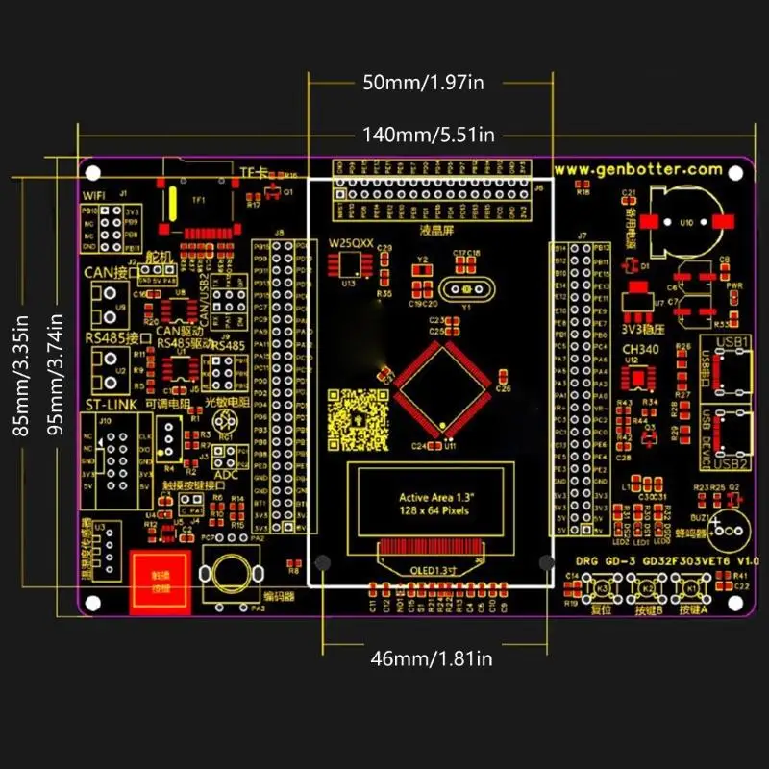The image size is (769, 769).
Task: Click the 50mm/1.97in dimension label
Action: (x=422, y=83)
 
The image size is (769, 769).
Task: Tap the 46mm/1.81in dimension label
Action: (x=432, y=658)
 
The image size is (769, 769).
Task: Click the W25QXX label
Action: (x=351, y=244)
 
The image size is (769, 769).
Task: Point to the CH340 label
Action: (x=640, y=349)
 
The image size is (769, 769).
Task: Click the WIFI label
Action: (x=95, y=195)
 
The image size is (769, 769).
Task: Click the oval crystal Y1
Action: (x=464, y=288)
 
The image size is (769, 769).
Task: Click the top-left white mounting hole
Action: (x=93, y=174)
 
